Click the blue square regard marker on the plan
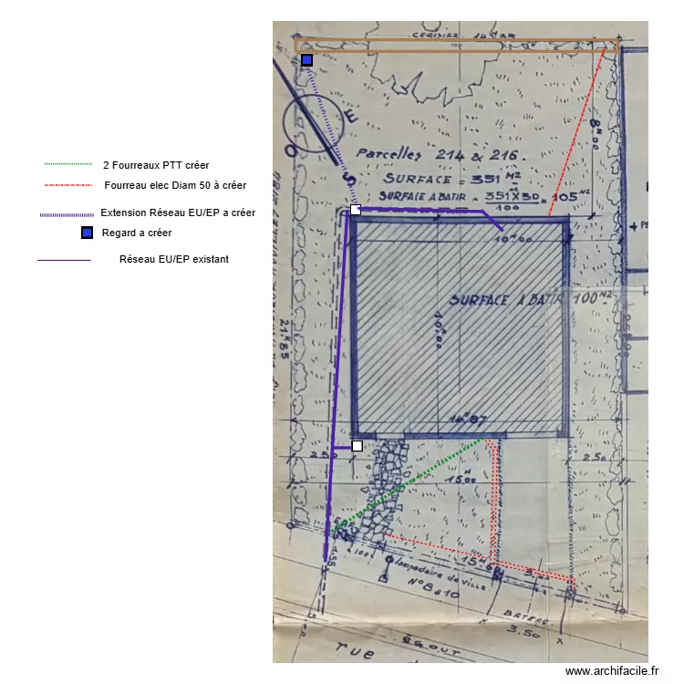307,60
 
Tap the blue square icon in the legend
87,233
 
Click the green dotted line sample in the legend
68,165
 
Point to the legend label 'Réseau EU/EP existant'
174,259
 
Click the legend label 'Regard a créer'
137,233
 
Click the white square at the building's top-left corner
356,211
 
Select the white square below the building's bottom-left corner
358,446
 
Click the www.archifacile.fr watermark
611,671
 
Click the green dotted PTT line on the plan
410,483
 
